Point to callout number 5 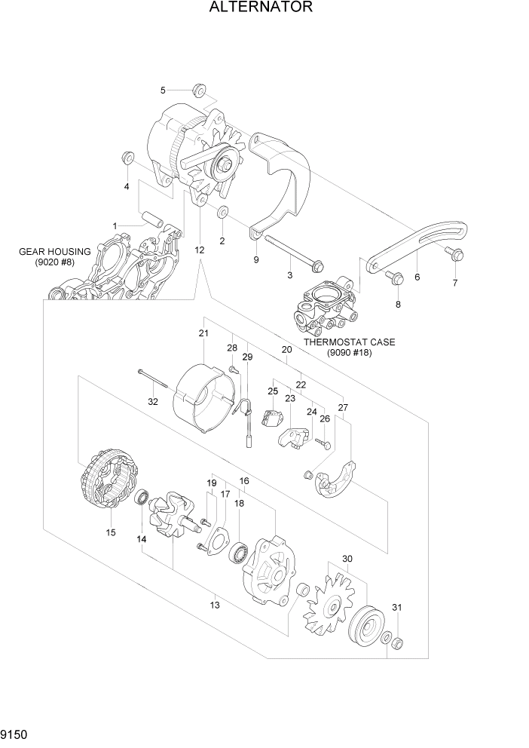[162, 91]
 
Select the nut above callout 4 [127, 159]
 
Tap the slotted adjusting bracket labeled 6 [418, 242]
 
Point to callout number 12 [199, 249]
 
